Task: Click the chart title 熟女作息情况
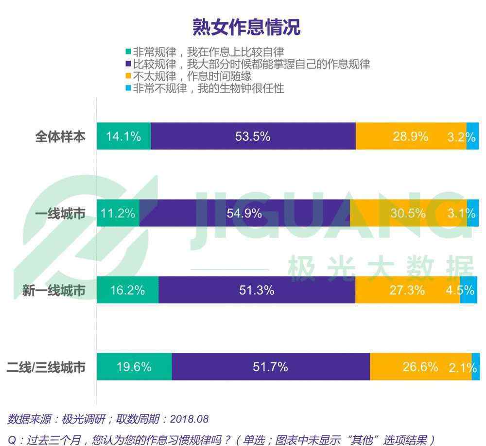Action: (x=246, y=27)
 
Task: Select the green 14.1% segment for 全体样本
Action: (x=123, y=136)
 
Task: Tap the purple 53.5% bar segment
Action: (x=253, y=136)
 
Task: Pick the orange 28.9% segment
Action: (x=411, y=136)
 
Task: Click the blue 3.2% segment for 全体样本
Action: (x=472, y=136)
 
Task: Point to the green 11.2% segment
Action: (x=118, y=213)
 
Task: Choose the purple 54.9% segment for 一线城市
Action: (x=244, y=213)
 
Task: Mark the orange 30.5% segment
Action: (x=408, y=213)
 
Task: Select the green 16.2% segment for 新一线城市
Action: (x=127, y=290)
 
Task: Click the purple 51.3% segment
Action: (x=257, y=290)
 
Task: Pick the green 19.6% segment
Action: (x=134, y=367)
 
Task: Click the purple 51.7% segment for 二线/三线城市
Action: (x=270, y=367)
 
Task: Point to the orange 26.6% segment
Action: (x=420, y=367)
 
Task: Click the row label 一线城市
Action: (x=60, y=214)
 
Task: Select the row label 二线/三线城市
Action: (x=46, y=367)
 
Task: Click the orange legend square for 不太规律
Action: (x=129, y=76)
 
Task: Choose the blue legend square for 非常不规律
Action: (x=129, y=88)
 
